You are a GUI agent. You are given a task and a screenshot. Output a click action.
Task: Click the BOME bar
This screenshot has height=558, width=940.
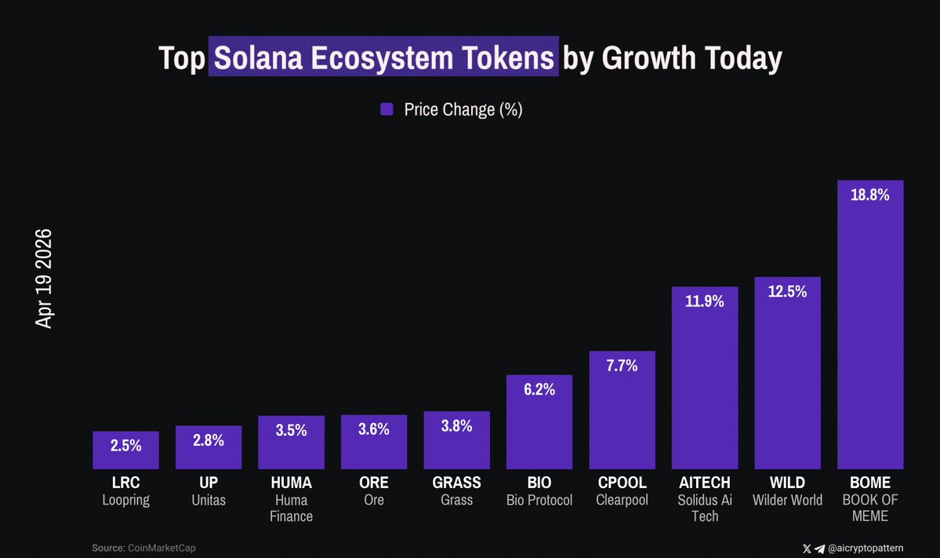point(870,330)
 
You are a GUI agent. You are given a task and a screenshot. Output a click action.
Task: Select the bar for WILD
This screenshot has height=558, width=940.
point(787,377)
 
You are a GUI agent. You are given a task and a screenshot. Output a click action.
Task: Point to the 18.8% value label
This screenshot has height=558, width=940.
point(870,195)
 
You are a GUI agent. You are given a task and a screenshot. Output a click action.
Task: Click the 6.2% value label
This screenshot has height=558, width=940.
point(539,388)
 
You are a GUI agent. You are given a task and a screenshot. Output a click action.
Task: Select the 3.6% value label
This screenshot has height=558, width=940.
point(374,429)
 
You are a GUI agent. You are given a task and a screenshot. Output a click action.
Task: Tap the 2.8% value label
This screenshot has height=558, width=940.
point(209,440)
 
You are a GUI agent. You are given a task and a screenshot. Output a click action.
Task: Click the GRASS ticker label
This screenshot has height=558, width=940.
point(456,483)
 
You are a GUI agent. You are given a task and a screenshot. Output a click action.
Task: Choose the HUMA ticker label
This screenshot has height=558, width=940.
point(291,483)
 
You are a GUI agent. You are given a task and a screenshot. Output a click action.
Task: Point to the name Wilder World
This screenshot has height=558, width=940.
point(787,500)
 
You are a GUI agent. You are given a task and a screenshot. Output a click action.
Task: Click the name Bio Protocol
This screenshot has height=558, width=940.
point(539,500)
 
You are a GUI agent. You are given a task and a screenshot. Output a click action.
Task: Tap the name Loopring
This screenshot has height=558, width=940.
point(125,500)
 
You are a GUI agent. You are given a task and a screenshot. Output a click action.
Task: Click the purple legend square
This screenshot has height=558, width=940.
point(387,110)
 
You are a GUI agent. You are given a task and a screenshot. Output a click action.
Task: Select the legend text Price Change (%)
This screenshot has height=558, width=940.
point(463,110)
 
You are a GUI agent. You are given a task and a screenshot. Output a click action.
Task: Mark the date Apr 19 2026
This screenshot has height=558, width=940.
point(44,279)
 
